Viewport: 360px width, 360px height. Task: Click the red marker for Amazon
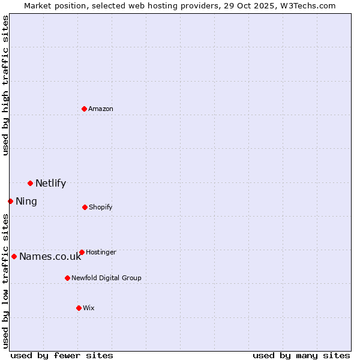[x=85, y=109]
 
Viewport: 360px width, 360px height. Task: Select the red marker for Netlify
[x=30, y=183]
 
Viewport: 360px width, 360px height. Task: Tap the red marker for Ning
[x=10, y=201]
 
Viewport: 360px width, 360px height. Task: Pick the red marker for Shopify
[x=85, y=207]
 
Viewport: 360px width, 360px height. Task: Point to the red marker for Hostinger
[x=82, y=252]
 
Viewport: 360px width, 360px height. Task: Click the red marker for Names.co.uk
[x=14, y=256]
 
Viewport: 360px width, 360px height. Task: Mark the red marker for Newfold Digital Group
[x=67, y=278]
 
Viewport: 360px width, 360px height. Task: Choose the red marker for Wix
[x=79, y=308]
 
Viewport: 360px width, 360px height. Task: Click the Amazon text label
[x=101, y=109]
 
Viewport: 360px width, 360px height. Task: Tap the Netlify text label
[x=50, y=184]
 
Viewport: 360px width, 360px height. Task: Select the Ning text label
[x=26, y=202]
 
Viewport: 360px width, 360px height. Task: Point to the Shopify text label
[x=101, y=207]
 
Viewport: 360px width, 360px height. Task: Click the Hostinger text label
[x=101, y=252]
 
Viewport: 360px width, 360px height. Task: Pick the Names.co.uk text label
[x=50, y=257]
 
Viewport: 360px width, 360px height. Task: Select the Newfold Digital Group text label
[x=106, y=278]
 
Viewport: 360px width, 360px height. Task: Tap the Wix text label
[x=89, y=308]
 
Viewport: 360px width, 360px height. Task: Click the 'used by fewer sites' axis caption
[x=62, y=355]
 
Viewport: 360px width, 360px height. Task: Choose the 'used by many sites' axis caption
[x=301, y=355]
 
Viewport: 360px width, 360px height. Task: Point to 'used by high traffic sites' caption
[x=5, y=85]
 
